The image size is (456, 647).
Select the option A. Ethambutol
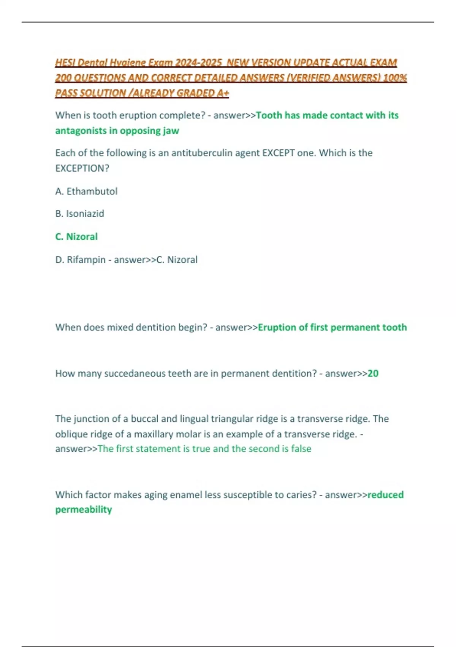pyautogui.click(x=86, y=191)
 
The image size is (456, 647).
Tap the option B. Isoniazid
pyautogui.click(x=79, y=214)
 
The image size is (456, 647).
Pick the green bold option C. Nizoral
pyautogui.click(x=76, y=237)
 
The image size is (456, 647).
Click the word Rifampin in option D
pyautogui.click(x=86, y=260)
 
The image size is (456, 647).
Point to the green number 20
pyautogui.click(x=373, y=373)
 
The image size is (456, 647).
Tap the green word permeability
pyautogui.click(x=84, y=510)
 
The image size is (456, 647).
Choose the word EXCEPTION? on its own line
pyautogui.click(x=82, y=168)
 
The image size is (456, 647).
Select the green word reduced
pyautogui.click(x=385, y=495)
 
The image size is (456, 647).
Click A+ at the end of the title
pyautogui.click(x=223, y=93)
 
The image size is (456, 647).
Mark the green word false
pyautogui.click(x=301, y=449)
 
